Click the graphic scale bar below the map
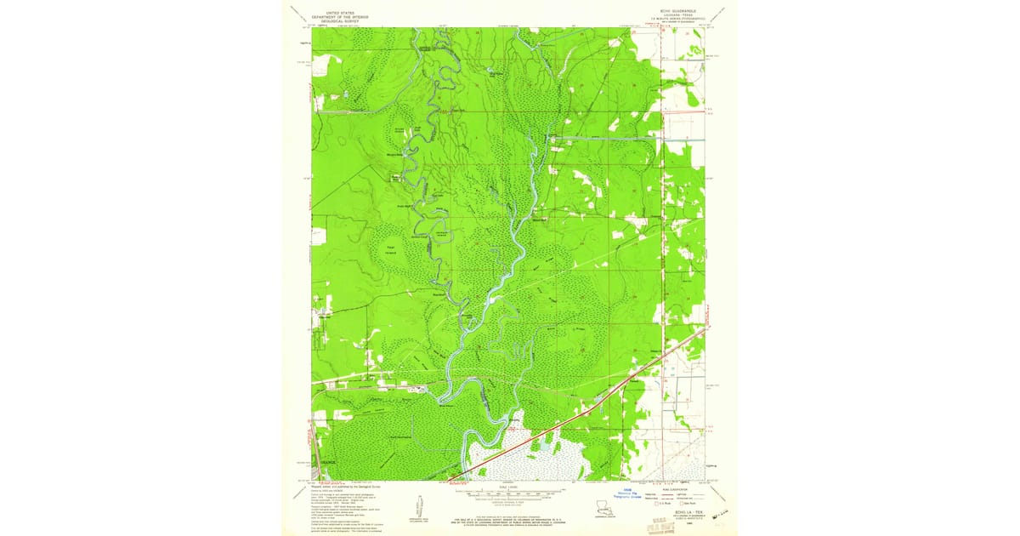[x=509, y=492]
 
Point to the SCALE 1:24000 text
[x=509, y=485]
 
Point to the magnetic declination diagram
[x=422, y=507]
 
